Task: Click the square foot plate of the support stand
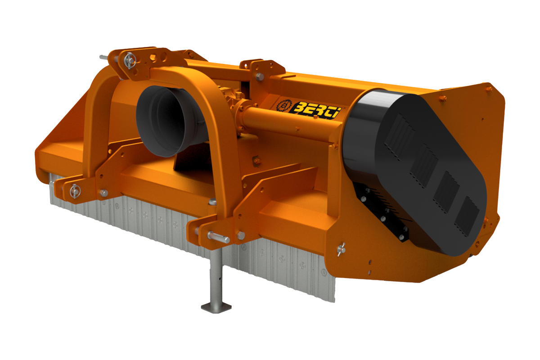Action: (x=216, y=307)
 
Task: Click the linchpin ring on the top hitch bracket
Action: (x=130, y=60)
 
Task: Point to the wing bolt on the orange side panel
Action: (x=341, y=249)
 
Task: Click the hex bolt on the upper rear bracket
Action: (x=259, y=76)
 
